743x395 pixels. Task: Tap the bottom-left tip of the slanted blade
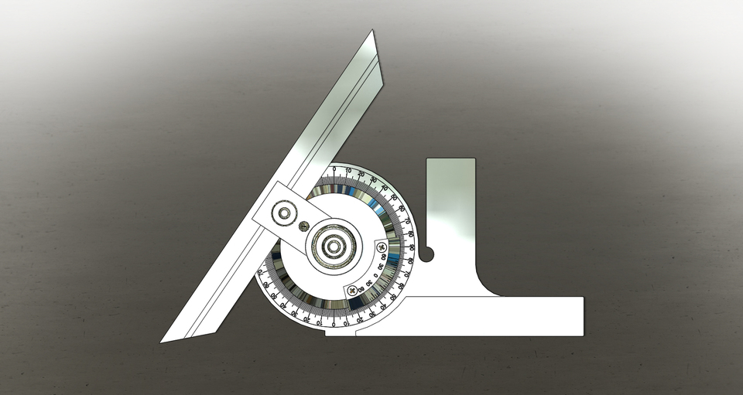(163, 341)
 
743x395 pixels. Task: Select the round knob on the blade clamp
(286, 213)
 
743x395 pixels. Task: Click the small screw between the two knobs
(304, 226)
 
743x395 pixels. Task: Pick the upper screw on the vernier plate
(381, 247)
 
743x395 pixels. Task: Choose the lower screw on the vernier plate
(354, 291)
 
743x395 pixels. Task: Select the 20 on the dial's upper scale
(361, 174)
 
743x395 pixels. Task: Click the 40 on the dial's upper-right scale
(385, 189)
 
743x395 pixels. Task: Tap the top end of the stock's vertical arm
(450, 160)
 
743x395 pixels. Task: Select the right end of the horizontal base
(582, 316)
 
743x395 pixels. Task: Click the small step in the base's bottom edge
(356, 335)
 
